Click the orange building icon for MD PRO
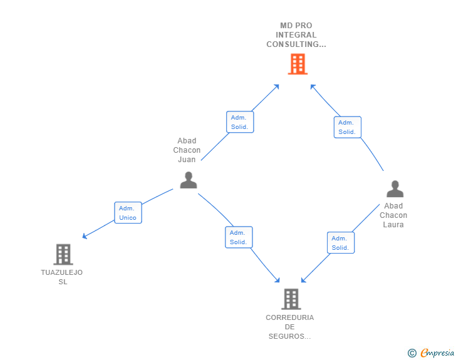(x=298, y=64)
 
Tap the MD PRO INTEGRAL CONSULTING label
(x=296, y=35)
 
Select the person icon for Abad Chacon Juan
(x=188, y=180)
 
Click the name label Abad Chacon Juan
(x=187, y=150)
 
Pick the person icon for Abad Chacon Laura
(x=395, y=189)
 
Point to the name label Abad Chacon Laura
(x=393, y=215)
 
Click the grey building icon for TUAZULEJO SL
(x=63, y=254)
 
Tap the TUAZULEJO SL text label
(x=62, y=277)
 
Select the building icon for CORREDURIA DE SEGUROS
(x=291, y=299)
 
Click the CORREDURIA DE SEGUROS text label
(x=290, y=327)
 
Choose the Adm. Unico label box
(x=128, y=213)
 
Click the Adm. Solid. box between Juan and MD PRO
(x=240, y=122)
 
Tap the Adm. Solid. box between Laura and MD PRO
(x=347, y=127)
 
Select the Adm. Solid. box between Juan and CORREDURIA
(x=239, y=237)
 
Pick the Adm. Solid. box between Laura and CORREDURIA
(x=341, y=243)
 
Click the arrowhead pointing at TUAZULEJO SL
(x=85, y=237)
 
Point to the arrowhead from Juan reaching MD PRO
(x=276, y=86)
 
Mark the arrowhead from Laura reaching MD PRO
(x=313, y=86)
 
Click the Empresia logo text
(x=437, y=353)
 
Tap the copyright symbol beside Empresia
(x=412, y=354)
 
